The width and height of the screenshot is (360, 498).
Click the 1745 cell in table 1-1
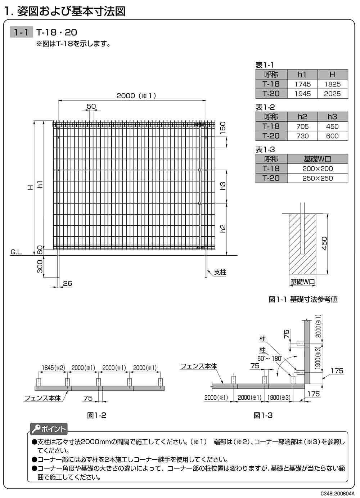pos(302,84)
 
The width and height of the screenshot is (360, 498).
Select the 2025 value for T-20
pos(332,94)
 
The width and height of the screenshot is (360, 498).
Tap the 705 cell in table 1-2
pos(302,126)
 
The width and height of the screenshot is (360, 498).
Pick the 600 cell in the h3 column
pos(332,136)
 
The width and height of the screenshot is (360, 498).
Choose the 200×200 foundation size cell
pos(317,169)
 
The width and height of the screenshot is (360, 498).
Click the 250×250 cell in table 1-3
pos(317,178)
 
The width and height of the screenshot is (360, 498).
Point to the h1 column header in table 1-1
pos(302,75)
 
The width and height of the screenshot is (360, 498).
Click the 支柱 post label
pos(220,272)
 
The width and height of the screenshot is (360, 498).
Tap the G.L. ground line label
pos(16,252)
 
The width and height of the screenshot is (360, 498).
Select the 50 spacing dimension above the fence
pos(91,106)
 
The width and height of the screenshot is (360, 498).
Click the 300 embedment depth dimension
pos(40,266)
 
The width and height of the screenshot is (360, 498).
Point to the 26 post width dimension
pos(67,283)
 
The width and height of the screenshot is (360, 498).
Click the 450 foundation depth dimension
pos(324,244)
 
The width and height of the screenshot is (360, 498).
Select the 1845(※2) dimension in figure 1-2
pos(53,368)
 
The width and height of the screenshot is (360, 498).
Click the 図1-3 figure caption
pos(263,415)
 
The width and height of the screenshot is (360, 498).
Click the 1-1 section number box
pos(21,32)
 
